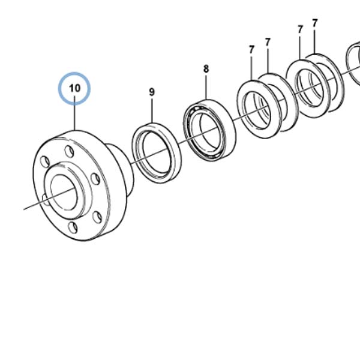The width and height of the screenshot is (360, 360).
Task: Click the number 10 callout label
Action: [74, 88]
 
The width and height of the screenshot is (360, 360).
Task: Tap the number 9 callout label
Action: [152, 92]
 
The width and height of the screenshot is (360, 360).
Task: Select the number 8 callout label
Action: [206, 69]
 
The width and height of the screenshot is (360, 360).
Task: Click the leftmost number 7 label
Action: [251, 50]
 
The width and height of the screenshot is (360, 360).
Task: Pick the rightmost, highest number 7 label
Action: [314, 23]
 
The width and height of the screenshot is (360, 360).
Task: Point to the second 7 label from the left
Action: [268, 43]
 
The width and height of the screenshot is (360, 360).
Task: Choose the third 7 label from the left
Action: [300, 29]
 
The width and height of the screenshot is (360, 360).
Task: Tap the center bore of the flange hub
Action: [63, 192]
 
